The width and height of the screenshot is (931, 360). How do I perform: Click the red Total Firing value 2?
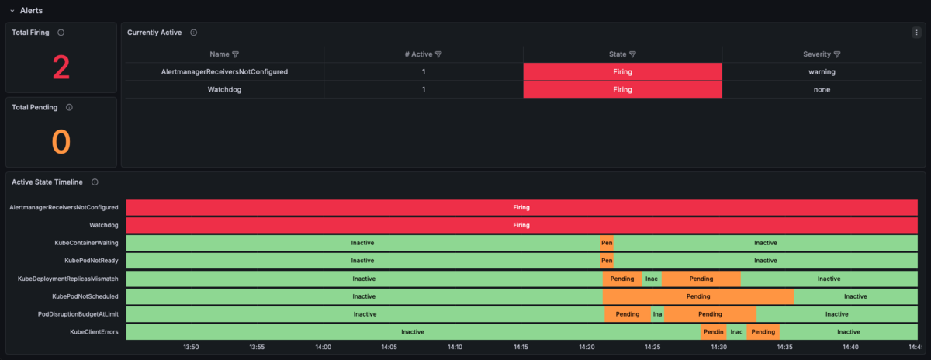click(61, 67)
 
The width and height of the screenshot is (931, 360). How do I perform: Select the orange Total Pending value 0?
click(61, 142)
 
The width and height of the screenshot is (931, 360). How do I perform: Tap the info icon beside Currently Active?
click(194, 33)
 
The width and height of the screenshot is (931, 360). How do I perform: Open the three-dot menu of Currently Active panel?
click(916, 33)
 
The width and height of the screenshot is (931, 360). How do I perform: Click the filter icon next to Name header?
click(236, 54)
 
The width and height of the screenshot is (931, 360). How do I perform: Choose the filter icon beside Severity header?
click(837, 54)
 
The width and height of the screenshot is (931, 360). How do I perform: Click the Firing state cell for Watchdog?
click(622, 89)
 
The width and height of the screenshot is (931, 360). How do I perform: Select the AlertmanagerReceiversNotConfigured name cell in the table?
click(224, 72)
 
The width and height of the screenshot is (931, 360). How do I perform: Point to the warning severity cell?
click(822, 72)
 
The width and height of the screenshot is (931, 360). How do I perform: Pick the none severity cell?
click(822, 89)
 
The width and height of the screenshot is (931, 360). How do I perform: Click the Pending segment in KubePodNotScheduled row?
click(698, 296)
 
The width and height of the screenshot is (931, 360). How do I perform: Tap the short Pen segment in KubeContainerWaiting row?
click(607, 243)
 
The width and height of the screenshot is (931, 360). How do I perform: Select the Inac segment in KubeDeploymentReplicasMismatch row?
click(652, 279)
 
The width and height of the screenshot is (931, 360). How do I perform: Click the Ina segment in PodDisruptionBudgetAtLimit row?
click(658, 314)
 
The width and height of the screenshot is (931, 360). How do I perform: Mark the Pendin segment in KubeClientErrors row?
click(714, 332)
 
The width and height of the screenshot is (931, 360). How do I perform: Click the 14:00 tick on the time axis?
click(323, 347)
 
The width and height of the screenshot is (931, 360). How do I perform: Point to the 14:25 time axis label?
click(652, 347)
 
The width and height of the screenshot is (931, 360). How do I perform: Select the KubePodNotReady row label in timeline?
click(92, 261)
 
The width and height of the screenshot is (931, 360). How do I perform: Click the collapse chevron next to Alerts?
click(12, 11)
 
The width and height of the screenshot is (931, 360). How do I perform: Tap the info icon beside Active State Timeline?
click(95, 182)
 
